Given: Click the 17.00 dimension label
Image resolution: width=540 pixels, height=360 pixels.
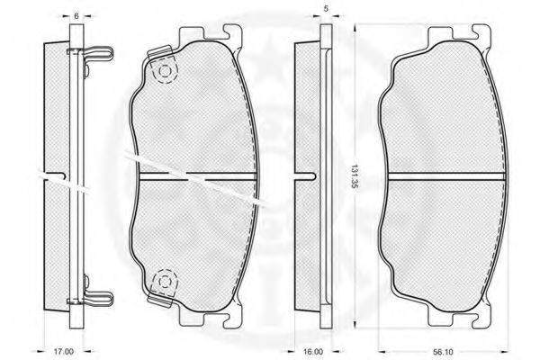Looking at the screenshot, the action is tap(63, 352).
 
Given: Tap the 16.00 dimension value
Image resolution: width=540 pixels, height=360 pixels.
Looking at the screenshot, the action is tap(314, 352).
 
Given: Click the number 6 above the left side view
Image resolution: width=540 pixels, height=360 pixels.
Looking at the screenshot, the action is tap(76, 16).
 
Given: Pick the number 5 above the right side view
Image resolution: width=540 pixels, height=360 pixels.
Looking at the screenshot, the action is tap(326, 9).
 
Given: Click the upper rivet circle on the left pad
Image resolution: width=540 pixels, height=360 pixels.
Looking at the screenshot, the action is tap(165, 72).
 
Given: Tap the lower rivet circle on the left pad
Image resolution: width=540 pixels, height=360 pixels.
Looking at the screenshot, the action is tap(165, 282).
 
